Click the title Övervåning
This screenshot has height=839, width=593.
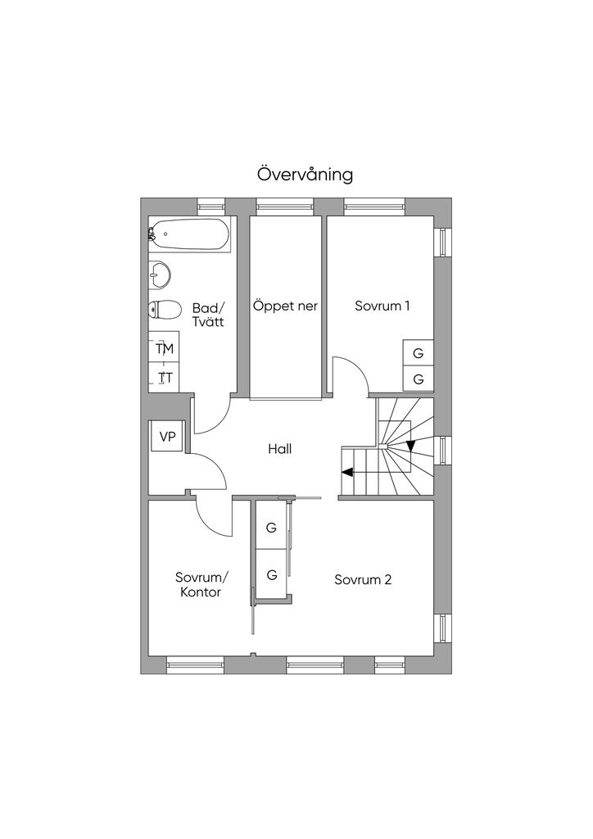click(x=305, y=175)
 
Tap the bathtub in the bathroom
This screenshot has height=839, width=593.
click(x=189, y=234)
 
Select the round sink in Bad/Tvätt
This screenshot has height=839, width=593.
click(x=159, y=274)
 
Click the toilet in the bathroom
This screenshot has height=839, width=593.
click(x=164, y=310)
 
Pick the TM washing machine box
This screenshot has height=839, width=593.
click(x=164, y=348)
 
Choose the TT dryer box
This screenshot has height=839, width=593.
click(x=164, y=378)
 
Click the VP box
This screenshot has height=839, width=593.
click(x=167, y=437)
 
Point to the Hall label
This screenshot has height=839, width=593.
click(x=279, y=449)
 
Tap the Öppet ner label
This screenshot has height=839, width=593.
click(x=285, y=306)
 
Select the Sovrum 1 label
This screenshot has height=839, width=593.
click(x=382, y=306)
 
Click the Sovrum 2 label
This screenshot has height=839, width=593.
click(x=363, y=579)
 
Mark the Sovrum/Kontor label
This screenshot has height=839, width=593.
click(x=201, y=585)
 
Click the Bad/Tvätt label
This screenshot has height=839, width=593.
click(x=208, y=315)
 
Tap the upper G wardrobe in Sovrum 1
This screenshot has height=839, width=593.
click(x=419, y=353)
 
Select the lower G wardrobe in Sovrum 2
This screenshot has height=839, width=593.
click(x=272, y=575)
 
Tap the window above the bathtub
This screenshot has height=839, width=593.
click(x=210, y=206)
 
